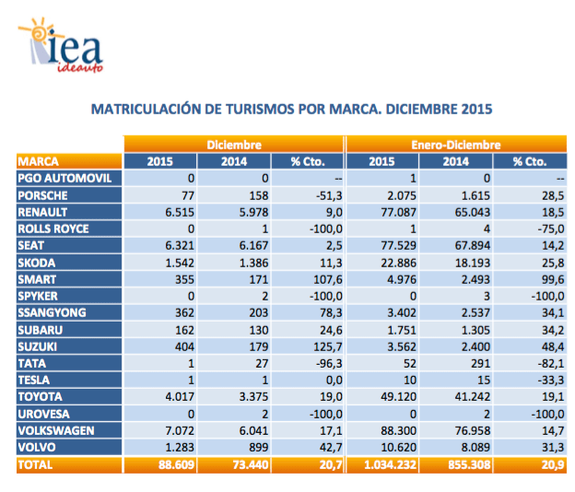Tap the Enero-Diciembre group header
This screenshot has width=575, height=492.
point(456,145)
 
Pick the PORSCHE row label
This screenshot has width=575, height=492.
point(44,194)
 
